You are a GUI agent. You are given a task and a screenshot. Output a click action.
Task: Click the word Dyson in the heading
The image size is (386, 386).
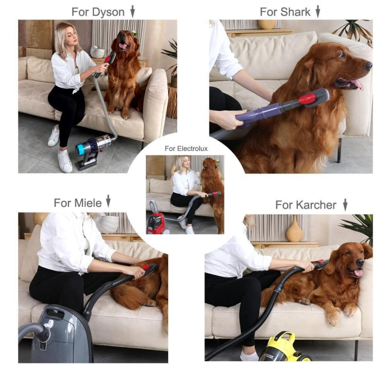click(x=109, y=11)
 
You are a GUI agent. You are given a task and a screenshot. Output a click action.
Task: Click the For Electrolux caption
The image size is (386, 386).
click(x=186, y=149)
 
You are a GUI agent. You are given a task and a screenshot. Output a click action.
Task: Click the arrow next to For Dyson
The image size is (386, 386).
click(x=132, y=11)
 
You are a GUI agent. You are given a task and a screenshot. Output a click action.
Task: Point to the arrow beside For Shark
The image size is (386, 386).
click(x=318, y=11)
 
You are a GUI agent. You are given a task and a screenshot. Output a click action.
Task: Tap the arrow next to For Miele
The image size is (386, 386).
click(x=108, y=201)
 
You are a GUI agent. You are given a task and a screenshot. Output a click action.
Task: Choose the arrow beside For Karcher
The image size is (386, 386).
click(x=345, y=205)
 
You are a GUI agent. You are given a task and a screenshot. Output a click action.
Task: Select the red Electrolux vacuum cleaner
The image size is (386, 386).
click(x=157, y=222)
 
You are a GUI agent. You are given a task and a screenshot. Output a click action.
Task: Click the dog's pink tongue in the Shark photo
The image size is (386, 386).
click(x=357, y=84)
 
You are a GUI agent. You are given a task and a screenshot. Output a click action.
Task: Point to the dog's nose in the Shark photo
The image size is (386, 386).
click(x=368, y=66)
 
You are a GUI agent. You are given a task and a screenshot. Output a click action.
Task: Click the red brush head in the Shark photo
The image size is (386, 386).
click(x=307, y=99)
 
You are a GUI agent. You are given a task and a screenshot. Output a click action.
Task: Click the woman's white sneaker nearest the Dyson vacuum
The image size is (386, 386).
click(x=65, y=161)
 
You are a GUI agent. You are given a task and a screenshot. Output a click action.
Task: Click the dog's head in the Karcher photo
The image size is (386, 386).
click(x=355, y=260)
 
